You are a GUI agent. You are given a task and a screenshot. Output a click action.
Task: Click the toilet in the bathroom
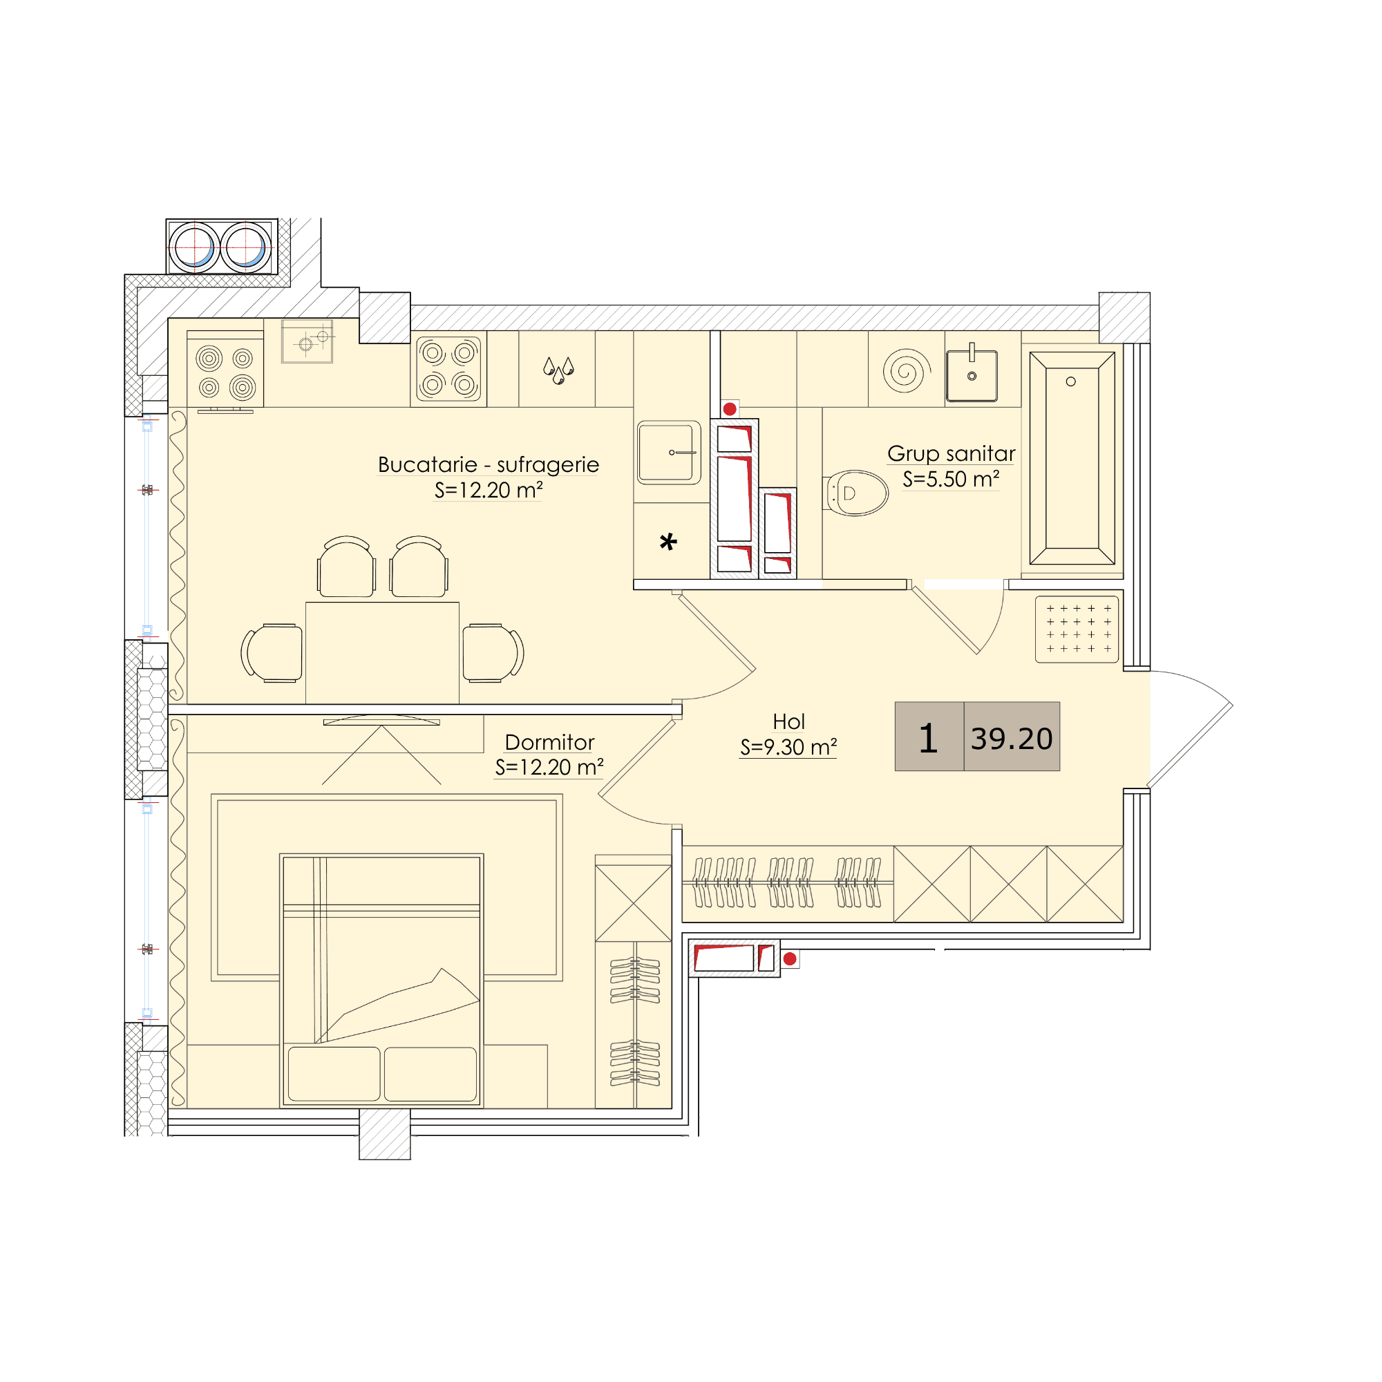[x=856, y=493]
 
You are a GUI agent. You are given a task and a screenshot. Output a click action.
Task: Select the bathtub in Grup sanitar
[x=1072, y=459]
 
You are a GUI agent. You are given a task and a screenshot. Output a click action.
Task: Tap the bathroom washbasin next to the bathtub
[x=972, y=375]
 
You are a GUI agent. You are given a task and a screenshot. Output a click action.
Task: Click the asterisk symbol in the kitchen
[x=668, y=542]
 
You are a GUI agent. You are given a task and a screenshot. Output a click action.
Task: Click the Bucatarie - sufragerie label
[x=488, y=464]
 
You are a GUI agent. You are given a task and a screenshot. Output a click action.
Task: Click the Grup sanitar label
[x=951, y=453]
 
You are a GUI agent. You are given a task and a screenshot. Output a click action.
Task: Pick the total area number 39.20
[x=1012, y=739]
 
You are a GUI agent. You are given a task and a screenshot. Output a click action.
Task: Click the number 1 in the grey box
[x=928, y=738]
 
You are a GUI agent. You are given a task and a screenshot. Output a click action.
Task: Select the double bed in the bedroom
[x=381, y=980]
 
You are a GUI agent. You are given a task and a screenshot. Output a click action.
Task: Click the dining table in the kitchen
[x=382, y=652]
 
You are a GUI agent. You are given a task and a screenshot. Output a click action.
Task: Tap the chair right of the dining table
[x=493, y=652]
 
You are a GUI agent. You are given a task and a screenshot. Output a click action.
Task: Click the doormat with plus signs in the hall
[x=1077, y=630]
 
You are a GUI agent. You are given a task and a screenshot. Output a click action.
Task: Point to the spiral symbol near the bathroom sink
[x=907, y=370]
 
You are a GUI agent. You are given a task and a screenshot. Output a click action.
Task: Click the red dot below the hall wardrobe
[x=790, y=958]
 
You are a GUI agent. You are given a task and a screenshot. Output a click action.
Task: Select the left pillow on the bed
[x=334, y=1074]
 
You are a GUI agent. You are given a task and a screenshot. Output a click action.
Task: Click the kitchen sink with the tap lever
[x=669, y=452]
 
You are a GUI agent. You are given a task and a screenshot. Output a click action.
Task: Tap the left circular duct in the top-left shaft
[x=194, y=247]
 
